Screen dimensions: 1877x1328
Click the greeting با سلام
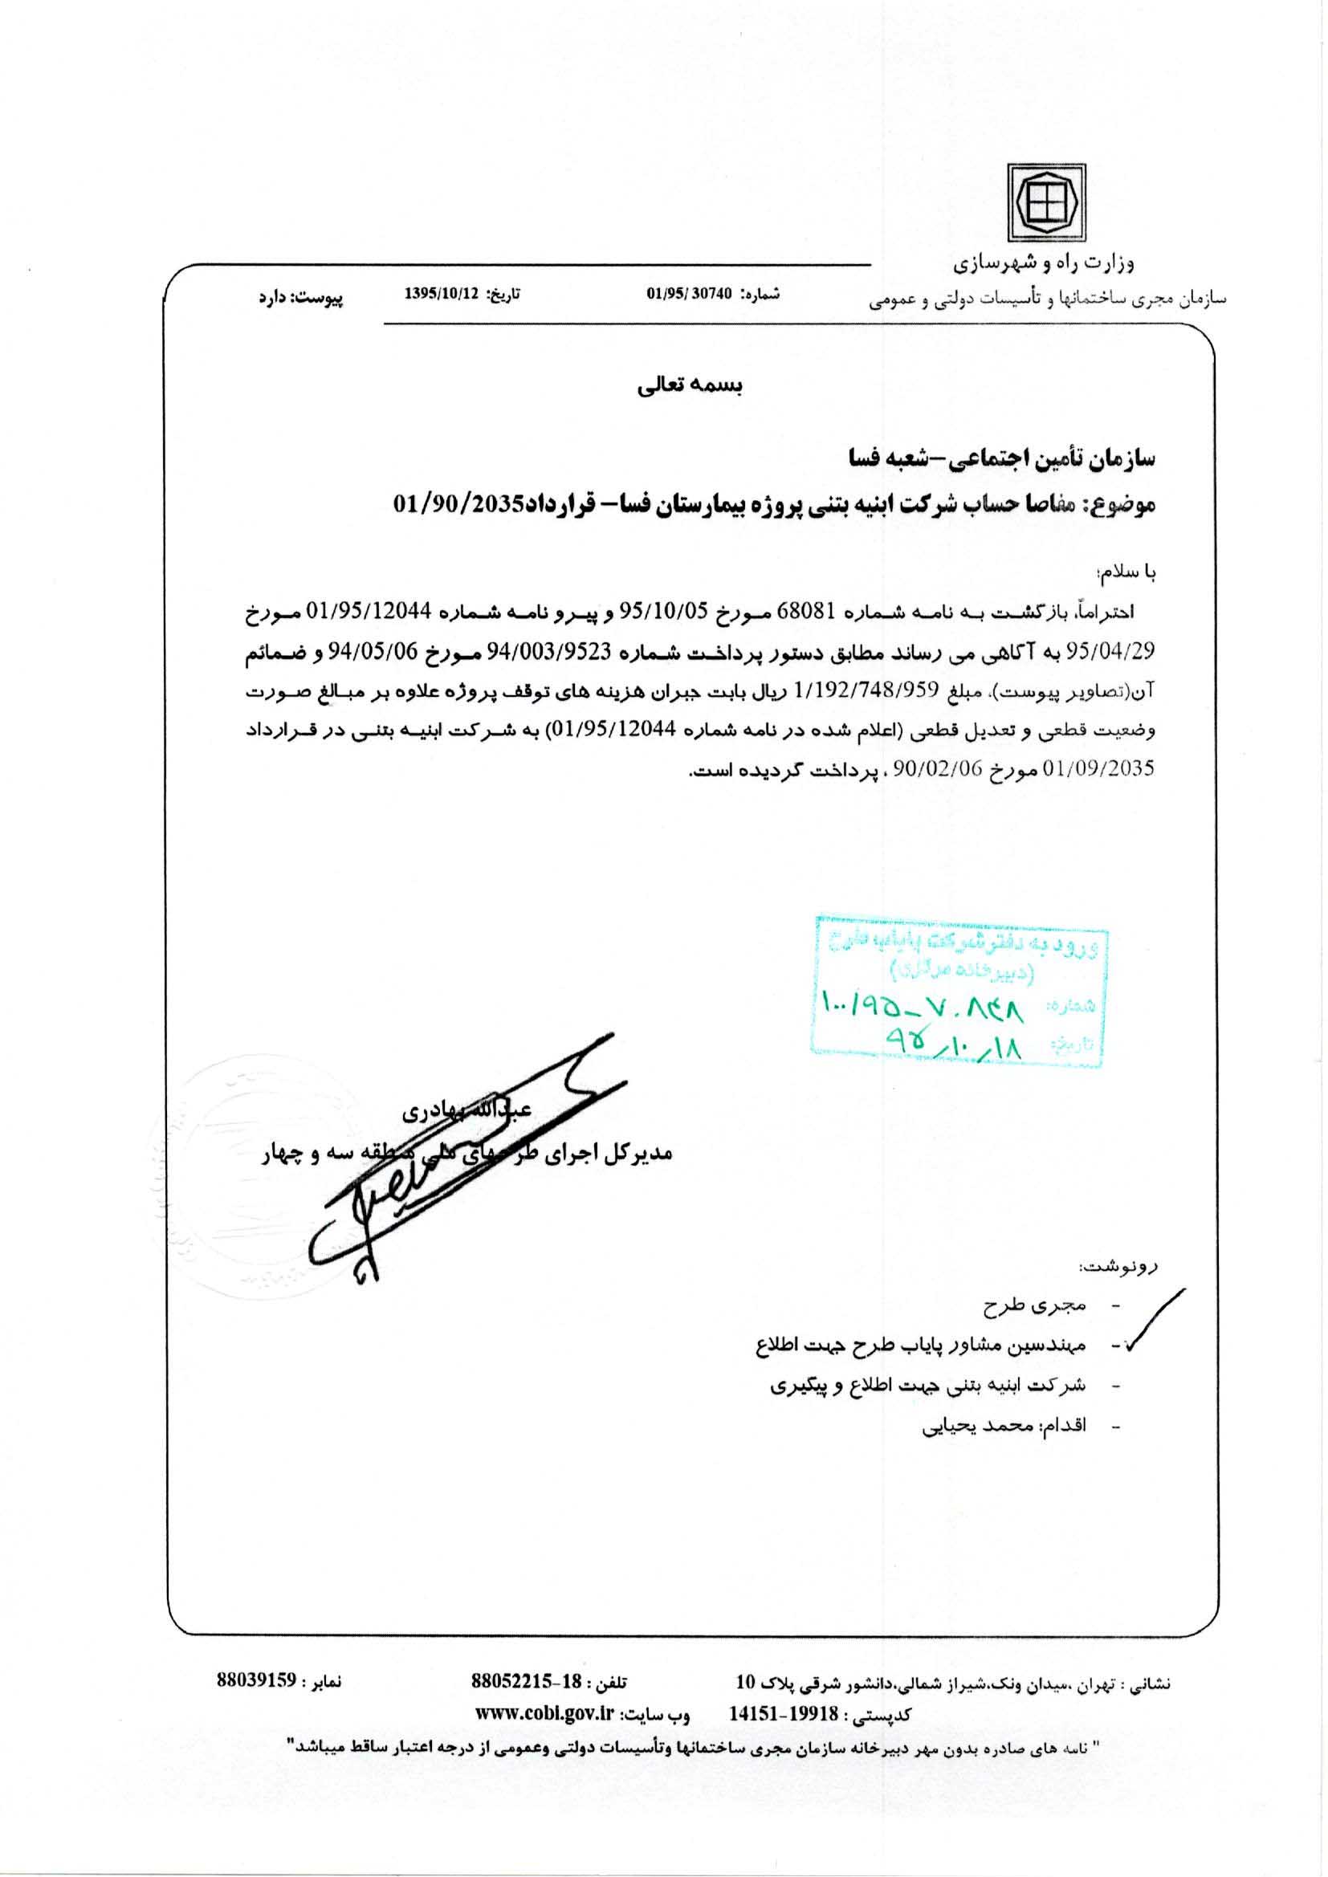point(1130,574)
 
